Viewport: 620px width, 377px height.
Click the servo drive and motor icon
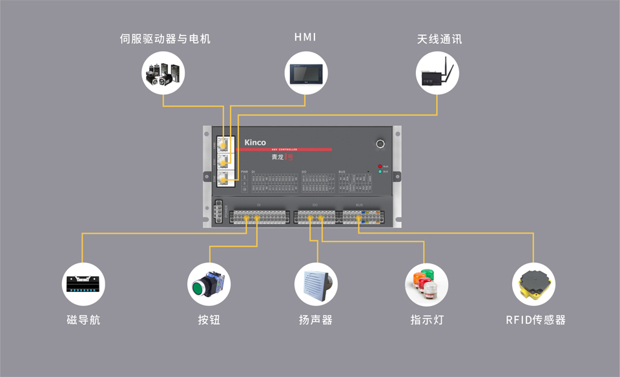point(163,73)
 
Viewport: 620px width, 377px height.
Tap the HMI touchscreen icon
point(305,73)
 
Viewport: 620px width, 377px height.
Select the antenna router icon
point(438,73)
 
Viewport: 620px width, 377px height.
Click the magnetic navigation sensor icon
point(83,284)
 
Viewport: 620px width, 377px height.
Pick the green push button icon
point(209,284)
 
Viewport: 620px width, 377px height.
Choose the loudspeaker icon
point(316,284)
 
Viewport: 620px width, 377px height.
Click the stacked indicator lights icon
point(426,284)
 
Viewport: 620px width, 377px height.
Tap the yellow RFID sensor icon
point(533,284)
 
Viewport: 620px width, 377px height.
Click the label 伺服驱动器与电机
point(165,39)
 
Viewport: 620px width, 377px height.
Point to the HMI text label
point(305,37)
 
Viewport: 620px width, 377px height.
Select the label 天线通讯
point(439,39)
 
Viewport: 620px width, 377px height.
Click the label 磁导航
point(83,320)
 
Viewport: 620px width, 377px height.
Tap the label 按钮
point(209,320)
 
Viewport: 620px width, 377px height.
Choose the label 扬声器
point(316,320)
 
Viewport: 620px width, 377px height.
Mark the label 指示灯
point(427,320)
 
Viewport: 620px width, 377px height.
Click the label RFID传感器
point(535,320)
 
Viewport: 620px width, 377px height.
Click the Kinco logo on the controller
point(255,143)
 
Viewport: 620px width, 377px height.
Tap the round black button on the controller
point(380,144)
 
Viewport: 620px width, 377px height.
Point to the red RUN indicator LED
point(380,166)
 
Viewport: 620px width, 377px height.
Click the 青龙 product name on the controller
point(278,157)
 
